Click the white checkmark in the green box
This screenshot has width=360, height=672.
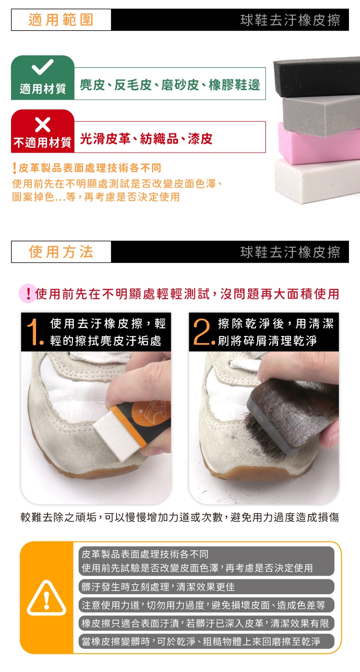(x=43, y=67)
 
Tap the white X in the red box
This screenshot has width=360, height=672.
(x=43, y=124)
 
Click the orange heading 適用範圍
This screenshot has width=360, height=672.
(x=61, y=20)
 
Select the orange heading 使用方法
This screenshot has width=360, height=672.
(x=61, y=252)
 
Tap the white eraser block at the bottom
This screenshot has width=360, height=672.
(x=316, y=180)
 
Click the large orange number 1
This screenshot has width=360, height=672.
(x=35, y=332)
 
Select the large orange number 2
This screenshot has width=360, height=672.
(x=204, y=332)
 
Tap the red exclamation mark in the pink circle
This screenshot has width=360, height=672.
(x=28, y=293)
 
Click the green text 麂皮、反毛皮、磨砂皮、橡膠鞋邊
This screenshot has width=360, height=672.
(x=170, y=85)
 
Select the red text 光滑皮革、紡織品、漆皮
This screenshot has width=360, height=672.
(x=146, y=139)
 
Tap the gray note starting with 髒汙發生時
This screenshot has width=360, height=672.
(x=206, y=587)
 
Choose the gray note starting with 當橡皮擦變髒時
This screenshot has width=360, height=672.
(x=206, y=641)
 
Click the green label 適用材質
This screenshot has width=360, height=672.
(x=43, y=89)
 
